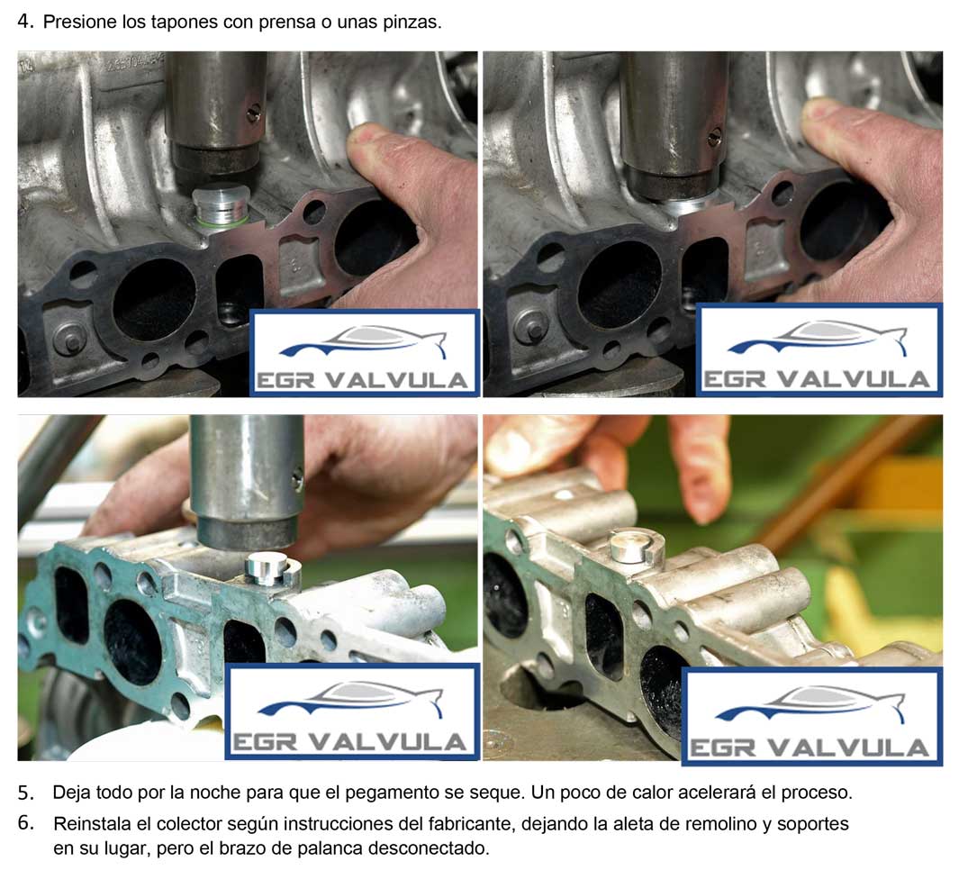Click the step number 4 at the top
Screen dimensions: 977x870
click(x=25, y=22)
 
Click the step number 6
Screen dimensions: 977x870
click(x=25, y=823)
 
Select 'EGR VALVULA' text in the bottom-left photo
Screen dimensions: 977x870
click(x=349, y=741)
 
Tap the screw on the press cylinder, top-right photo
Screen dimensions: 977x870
click(x=715, y=138)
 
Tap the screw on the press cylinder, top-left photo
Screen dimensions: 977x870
click(x=253, y=114)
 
